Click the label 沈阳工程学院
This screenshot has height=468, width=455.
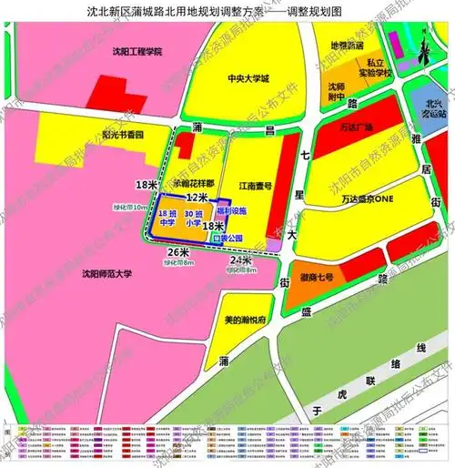[133, 52]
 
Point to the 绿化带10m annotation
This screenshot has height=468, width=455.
[128, 209]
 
